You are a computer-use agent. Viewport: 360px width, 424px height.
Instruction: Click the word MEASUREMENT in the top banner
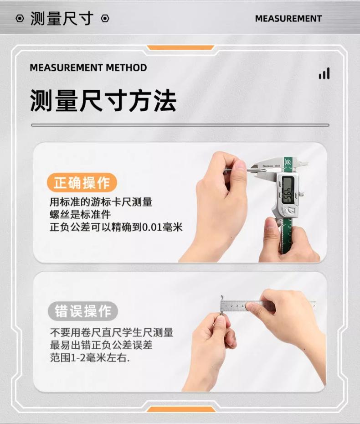point(288,18)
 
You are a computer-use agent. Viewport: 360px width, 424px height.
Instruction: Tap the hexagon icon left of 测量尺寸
point(20,18)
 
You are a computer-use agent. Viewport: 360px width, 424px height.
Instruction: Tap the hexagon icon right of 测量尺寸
point(105,18)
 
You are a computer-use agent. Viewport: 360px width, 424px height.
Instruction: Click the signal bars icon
point(324,73)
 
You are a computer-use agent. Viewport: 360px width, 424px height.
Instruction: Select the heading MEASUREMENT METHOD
point(88,67)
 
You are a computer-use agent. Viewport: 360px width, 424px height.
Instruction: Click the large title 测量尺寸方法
point(103,100)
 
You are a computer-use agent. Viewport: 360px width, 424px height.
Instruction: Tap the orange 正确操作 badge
point(82,182)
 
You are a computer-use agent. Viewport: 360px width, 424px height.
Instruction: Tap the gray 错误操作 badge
point(82,311)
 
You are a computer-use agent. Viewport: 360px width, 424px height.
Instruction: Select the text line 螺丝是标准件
point(80,214)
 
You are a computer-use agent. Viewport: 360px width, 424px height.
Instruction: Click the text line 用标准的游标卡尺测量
point(101,202)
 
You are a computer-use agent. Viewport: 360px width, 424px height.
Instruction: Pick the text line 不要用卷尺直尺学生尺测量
point(111,332)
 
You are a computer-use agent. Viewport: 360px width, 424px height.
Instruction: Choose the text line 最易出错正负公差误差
point(101,345)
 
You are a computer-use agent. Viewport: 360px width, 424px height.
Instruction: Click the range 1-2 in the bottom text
point(78,358)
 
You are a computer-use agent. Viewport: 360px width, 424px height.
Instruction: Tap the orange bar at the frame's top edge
point(180,48)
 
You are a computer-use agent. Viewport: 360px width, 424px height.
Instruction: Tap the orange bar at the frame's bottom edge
point(181,409)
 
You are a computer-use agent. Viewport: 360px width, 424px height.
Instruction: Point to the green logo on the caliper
point(287,162)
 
